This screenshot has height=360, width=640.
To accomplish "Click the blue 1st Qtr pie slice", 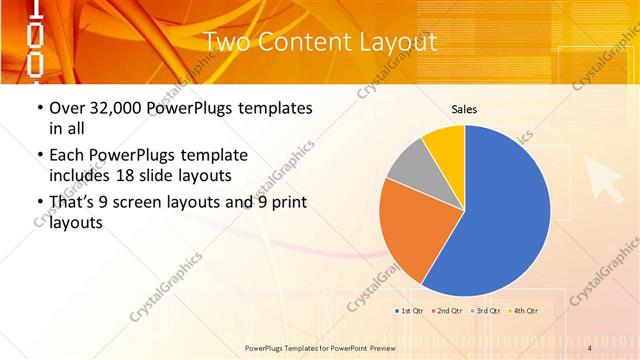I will tap(500, 210).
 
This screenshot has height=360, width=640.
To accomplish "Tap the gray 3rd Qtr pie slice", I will tap(409, 169).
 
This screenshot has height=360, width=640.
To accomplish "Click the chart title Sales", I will tap(464, 108).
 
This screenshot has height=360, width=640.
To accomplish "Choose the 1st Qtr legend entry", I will tap(412, 311).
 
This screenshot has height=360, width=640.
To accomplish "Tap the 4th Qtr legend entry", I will tap(525, 311).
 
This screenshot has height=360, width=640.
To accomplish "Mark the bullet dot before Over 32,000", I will tap(39, 108).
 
